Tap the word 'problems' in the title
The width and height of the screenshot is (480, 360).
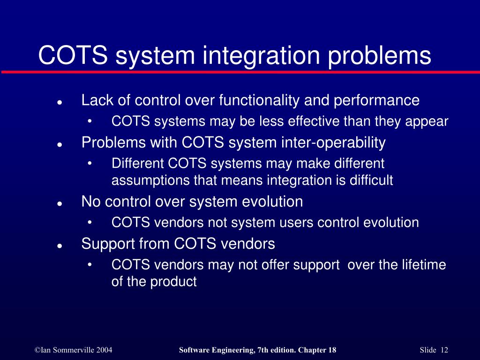(379, 56)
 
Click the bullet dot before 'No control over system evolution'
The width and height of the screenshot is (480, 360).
(60, 204)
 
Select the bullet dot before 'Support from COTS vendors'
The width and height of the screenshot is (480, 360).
(60, 246)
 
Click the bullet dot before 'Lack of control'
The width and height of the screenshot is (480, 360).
(60, 102)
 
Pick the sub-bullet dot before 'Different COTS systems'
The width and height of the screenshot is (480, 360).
(90, 164)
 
